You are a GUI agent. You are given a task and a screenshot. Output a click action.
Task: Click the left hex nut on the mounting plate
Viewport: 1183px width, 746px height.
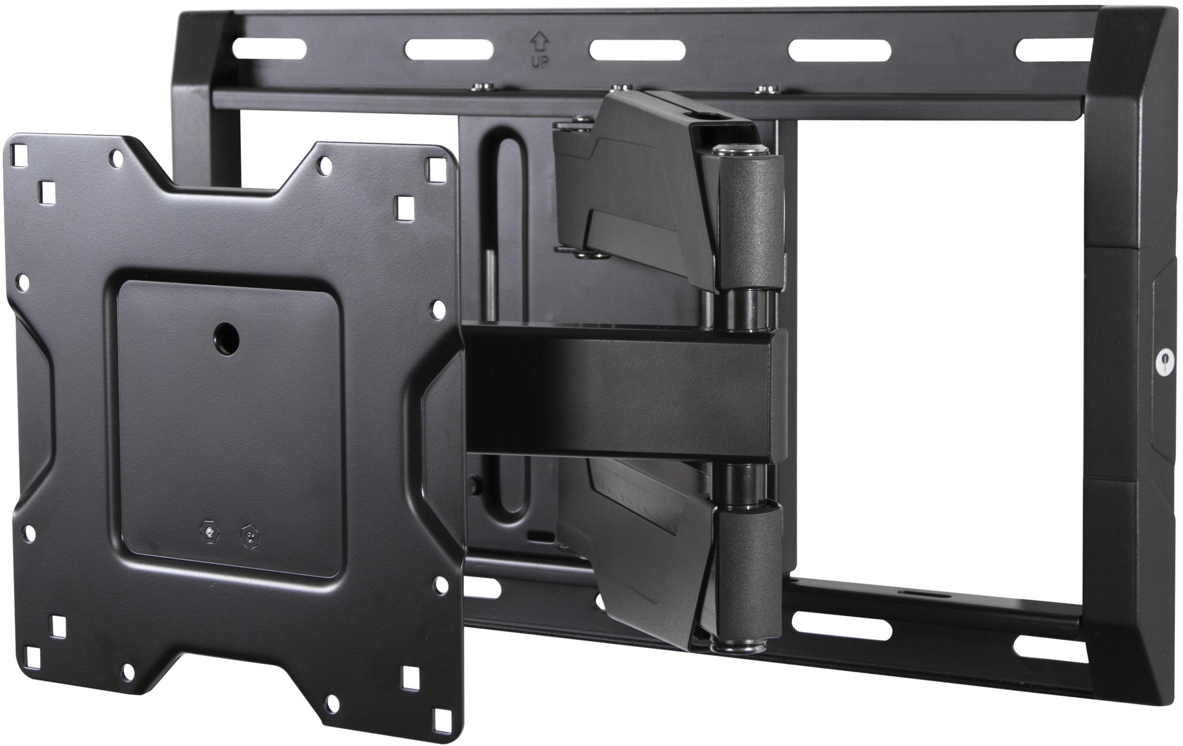pyautogui.click(x=210, y=532)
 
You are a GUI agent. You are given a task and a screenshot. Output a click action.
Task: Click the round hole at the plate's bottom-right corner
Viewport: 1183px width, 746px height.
pyautogui.click(x=333, y=700)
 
